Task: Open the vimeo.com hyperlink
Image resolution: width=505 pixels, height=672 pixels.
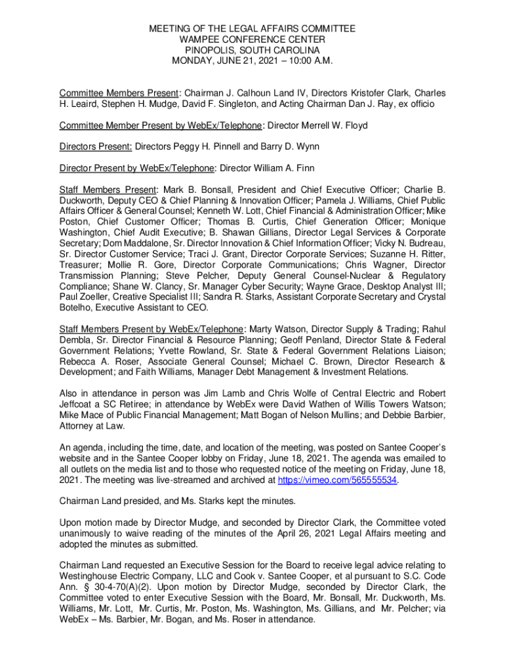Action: pyautogui.click(x=338, y=480)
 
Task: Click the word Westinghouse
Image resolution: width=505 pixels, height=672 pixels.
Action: pyautogui.click(x=90, y=576)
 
